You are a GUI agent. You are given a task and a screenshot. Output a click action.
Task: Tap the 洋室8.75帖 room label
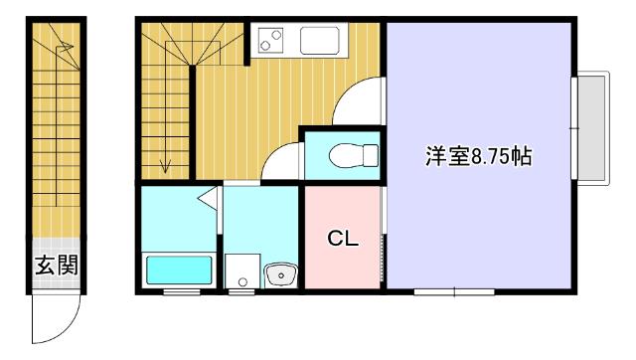[478, 156]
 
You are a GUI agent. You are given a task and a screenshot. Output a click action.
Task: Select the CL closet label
[343, 239]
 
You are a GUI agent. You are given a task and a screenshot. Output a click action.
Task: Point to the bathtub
[180, 270]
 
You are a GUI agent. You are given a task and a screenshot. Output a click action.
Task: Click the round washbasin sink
[279, 271]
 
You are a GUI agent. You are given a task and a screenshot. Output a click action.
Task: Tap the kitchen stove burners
[271, 41]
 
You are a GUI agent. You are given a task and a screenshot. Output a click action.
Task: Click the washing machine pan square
[239, 270]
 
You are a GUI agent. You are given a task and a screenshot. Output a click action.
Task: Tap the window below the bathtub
[179, 292]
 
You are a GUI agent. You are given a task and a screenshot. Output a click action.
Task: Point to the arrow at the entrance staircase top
[65, 44]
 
